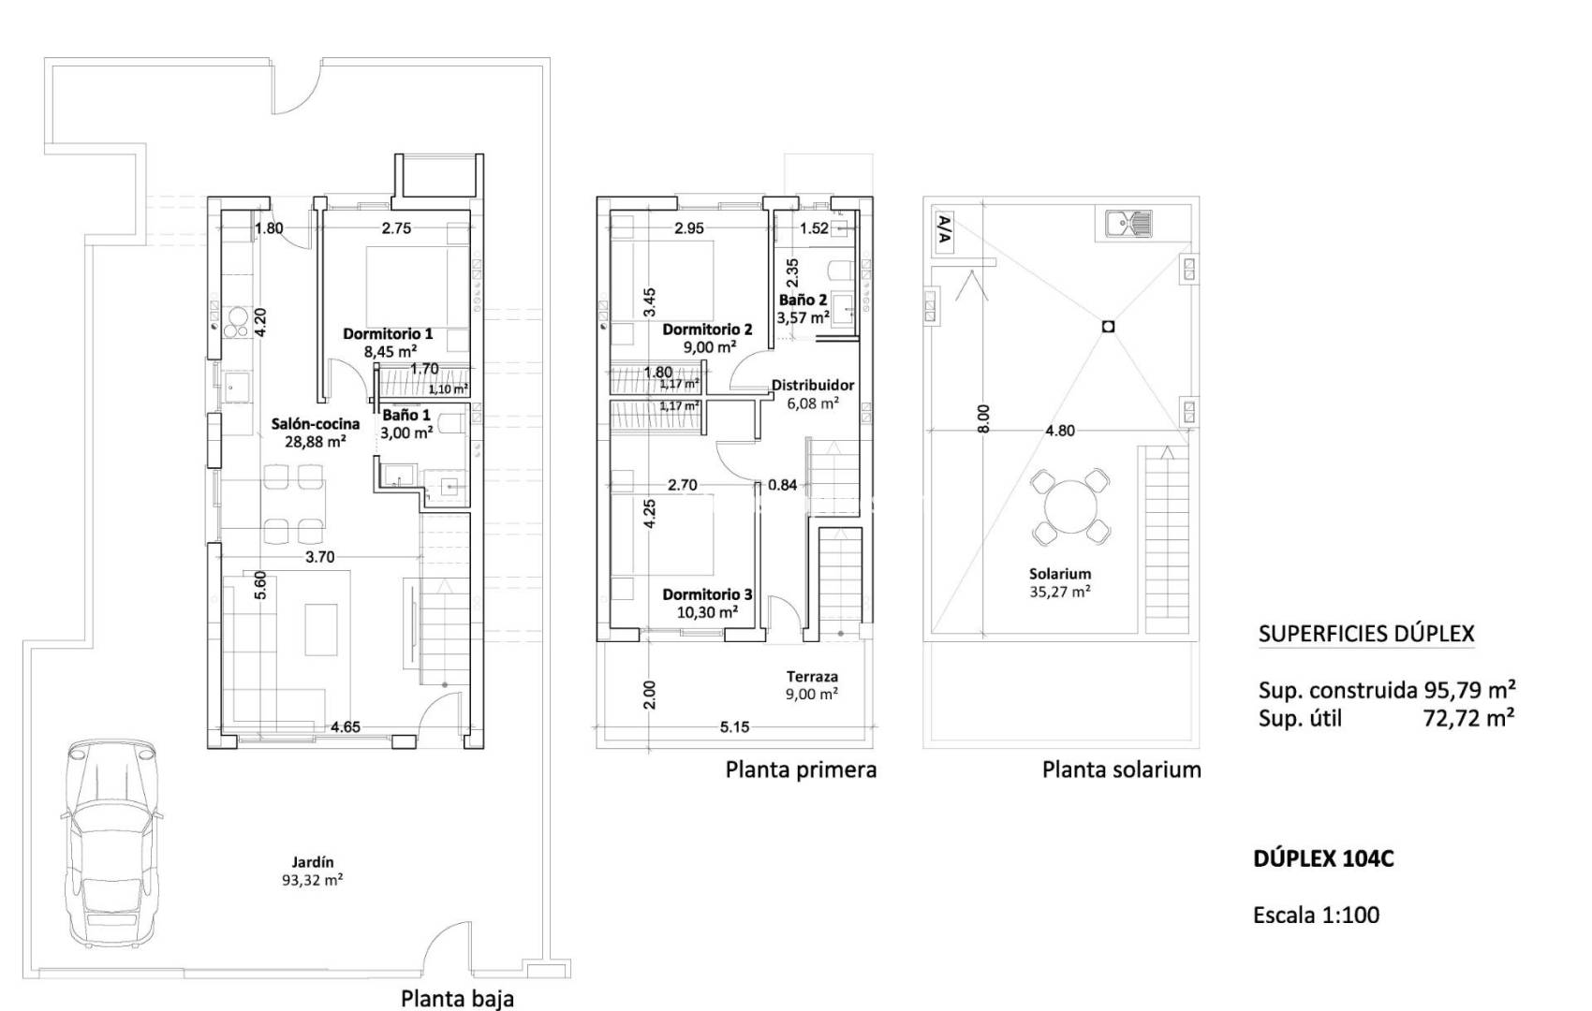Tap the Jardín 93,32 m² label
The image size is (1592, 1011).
(x=312, y=872)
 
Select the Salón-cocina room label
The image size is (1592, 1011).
(x=316, y=432)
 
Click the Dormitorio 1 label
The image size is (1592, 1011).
(x=388, y=343)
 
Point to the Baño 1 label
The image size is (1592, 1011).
(x=406, y=424)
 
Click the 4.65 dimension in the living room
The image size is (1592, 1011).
(x=347, y=727)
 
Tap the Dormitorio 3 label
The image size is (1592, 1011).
(x=707, y=603)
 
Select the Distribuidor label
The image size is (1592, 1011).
(x=812, y=393)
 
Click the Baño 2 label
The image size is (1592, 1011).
(x=803, y=309)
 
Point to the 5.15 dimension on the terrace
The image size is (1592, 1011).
(x=735, y=727)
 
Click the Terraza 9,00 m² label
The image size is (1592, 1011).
(x=812, y=684)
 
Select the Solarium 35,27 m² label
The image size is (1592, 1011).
(x=1060, y=582)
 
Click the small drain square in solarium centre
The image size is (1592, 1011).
(x=1108, y=327)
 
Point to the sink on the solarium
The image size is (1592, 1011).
(x=1128, y=224)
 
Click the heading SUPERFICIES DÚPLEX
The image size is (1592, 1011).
(x=1366, y=634)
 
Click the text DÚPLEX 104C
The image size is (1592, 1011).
(x=1323, y=858)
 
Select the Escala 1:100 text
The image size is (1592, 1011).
(x=1316, y=915)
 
